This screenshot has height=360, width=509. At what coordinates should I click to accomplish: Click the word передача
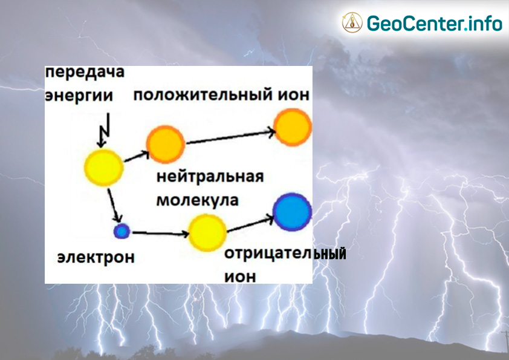(85, 72)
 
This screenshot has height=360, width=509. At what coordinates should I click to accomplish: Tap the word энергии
(79, 96)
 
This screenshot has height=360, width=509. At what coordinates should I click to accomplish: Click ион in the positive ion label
(293, 94)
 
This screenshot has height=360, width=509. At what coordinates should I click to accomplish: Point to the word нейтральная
(210, 177)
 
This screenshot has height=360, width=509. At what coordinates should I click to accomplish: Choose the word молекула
(197, 200)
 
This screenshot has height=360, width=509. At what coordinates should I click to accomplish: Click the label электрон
(96, 257)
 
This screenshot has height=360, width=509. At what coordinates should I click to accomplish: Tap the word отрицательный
(285, 254)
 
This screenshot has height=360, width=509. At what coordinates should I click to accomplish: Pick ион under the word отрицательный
(240, 277)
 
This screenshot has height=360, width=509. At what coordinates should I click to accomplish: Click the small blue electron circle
(122, 231)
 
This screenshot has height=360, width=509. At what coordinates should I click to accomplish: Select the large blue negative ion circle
(292, 212)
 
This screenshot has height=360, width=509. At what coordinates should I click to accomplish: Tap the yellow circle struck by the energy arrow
(103, 168)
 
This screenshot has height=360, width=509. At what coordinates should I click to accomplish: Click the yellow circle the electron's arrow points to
(207, 232)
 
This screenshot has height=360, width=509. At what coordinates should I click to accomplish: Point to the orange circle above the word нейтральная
(166, 144)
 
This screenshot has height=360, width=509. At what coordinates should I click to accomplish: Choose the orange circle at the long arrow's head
(293, 128)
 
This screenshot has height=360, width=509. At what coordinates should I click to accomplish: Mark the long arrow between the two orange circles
(231, 137)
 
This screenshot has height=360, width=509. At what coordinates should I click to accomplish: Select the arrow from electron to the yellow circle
(161, 233)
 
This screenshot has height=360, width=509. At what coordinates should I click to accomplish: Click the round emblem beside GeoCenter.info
(352, 22)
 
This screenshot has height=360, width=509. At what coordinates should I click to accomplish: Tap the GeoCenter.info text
(434, 23)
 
